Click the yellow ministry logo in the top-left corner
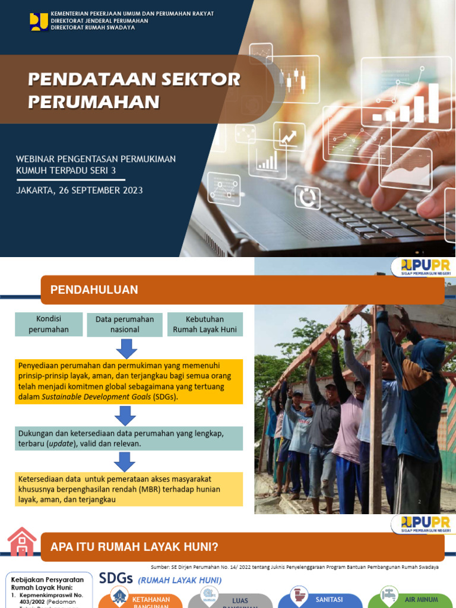(x=39, y=21)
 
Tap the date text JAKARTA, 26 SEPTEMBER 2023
(x=80, y=191)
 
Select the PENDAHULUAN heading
(x=94, y=290)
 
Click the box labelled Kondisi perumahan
(x=49, y=324)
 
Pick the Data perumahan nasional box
(x=125, y=324)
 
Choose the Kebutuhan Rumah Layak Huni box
(x=205, y=324)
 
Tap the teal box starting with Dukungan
(x=129, y=438)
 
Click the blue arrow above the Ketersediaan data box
(x=125, y=461)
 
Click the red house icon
(x=21, y=542)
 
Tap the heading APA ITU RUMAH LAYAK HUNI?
(x=134, y=547)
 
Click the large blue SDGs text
(x=116, y=579)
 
